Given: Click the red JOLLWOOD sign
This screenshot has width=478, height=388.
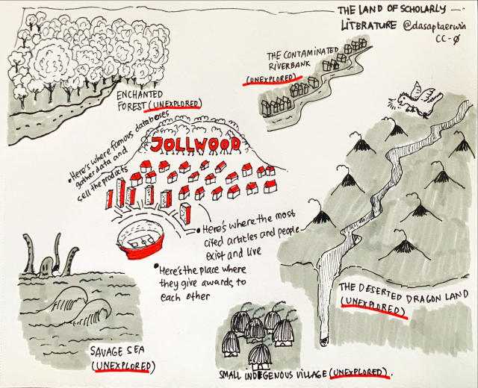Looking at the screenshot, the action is tap(196, 145).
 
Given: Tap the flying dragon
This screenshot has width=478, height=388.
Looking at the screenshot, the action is tap(415, 98).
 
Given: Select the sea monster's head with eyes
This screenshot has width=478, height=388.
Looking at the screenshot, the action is tap(46, 266).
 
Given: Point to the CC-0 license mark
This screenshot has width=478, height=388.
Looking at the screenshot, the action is tap(448, 40).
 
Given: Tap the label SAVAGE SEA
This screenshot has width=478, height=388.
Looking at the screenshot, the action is tap(117, 351).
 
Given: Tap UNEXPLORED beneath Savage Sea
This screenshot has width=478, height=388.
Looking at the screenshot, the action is tap(122, 366).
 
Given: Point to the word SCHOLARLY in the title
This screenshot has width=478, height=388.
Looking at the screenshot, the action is tap(420, 10).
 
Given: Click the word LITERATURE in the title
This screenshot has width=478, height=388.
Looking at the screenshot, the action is tap(368, 26).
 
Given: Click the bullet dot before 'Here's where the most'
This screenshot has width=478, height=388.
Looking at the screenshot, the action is tap(199, 231).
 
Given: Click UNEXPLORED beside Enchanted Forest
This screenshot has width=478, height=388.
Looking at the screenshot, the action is tap(175, 104).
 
